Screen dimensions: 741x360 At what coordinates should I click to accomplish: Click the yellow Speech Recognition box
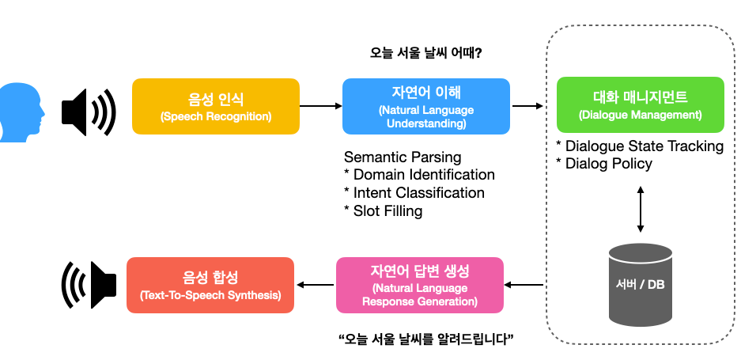[215, 106]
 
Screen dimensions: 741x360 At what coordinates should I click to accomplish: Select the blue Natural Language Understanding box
[425, 106]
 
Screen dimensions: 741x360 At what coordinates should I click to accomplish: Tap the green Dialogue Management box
[641, 104]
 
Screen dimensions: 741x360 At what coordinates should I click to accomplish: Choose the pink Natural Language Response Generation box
[420, 285]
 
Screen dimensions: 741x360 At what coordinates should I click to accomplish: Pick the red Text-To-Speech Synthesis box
[210, 285]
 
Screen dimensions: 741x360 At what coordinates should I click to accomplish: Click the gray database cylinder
[641, 285]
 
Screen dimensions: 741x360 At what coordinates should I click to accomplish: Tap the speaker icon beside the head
[89, 112]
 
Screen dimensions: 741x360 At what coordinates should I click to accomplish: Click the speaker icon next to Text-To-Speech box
[89, 285]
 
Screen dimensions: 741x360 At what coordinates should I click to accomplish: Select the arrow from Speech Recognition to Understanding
[321, 106]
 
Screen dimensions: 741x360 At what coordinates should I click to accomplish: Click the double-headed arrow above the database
[641, 209]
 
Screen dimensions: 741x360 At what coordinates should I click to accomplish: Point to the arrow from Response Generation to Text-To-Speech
[316, 285]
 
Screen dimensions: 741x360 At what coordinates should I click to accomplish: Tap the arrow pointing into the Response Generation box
[524, 285]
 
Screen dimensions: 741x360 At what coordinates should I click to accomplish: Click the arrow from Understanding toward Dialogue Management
[527, 106]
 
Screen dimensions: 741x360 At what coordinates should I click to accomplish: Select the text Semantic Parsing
[403, 157]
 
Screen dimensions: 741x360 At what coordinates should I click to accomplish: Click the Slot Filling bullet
[384, 210]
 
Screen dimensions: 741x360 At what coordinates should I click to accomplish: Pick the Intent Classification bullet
[414, 192]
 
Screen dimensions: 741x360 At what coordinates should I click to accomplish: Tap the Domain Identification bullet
[420, 175]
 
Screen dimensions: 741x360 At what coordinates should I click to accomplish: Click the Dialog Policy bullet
[604, 164]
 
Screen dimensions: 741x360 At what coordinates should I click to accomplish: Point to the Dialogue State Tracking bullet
[640, 146]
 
